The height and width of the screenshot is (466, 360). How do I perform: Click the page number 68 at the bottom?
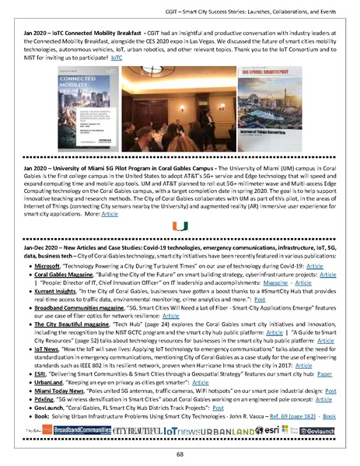pos(180,453)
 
